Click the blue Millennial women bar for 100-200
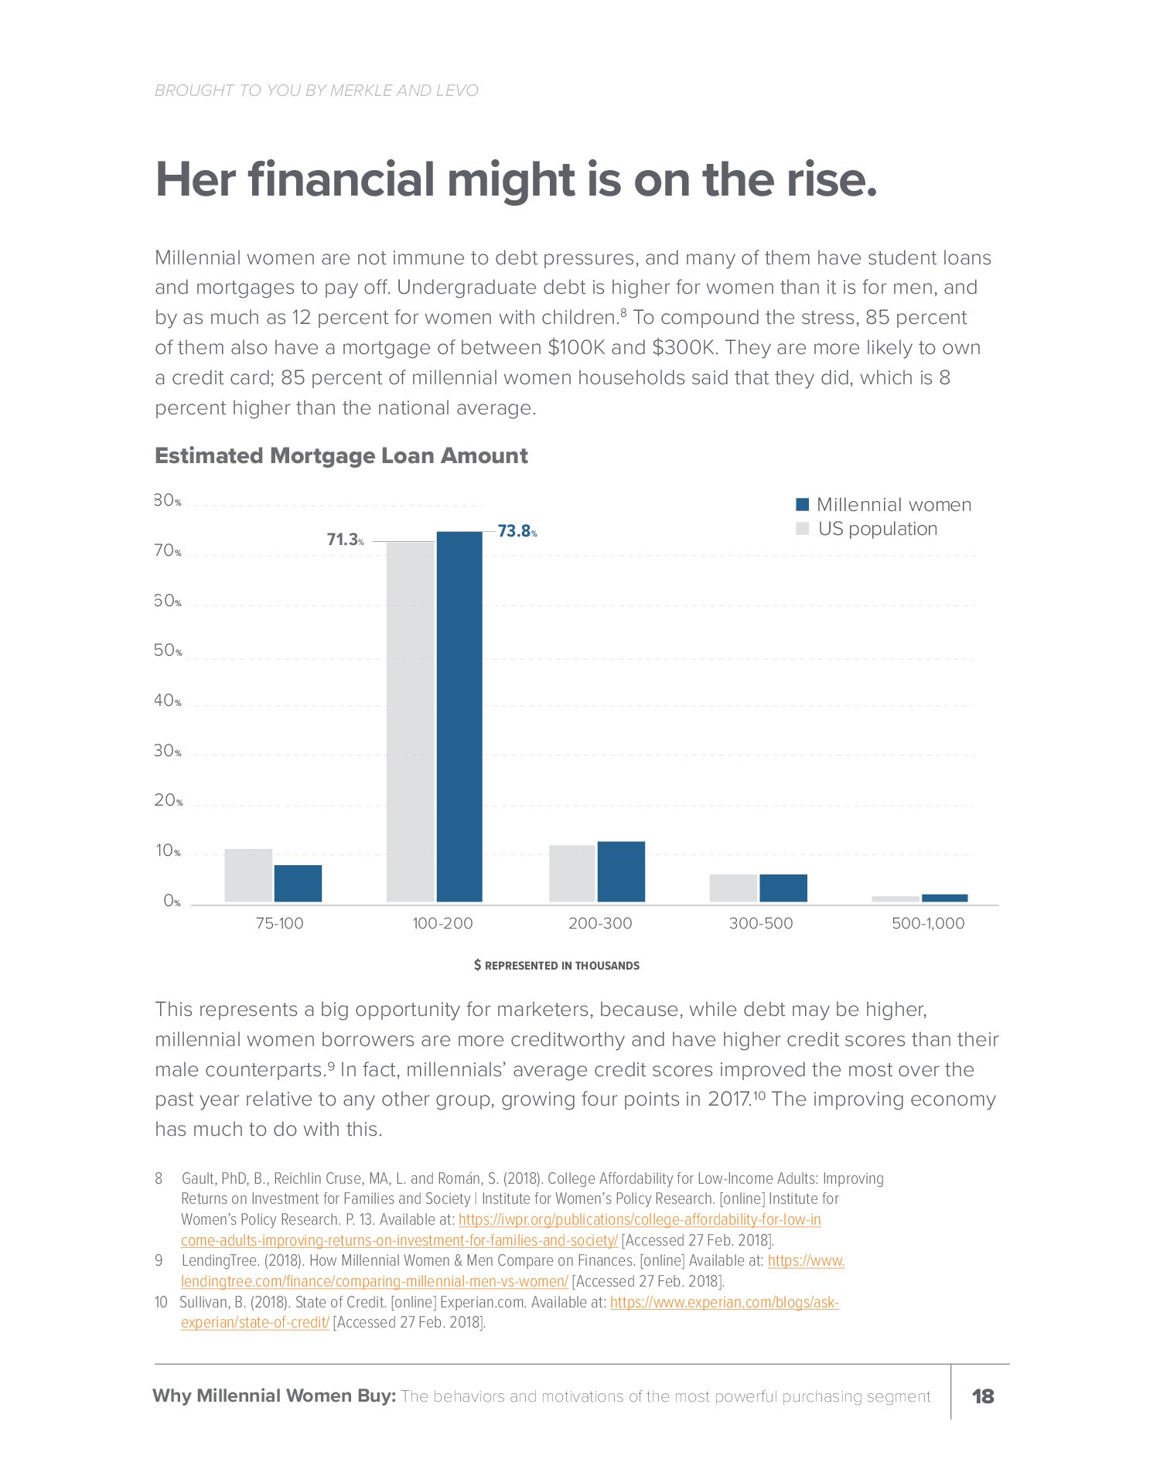tap(459, 716)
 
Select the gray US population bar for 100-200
tap(411, 721)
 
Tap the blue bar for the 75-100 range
tap(298, 883)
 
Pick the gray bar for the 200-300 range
tap(572, 873)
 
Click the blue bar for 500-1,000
tap(944, 898)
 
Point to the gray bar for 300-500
tap(733, 888)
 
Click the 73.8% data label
tap(517, 531)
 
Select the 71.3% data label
tap(345, 540)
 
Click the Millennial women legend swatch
tap(803, 505)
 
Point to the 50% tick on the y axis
tap(168, 650)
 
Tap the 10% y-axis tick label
tap(168, 851)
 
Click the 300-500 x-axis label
tap(761, 923)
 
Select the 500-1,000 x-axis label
tap(928, 923)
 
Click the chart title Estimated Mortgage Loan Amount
tap(341, 455)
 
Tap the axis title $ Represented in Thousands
tap(557, 966)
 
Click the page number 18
tap(983, 1396)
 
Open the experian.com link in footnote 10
tap(724, 1302)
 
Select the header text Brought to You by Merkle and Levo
tap(316, 90)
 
